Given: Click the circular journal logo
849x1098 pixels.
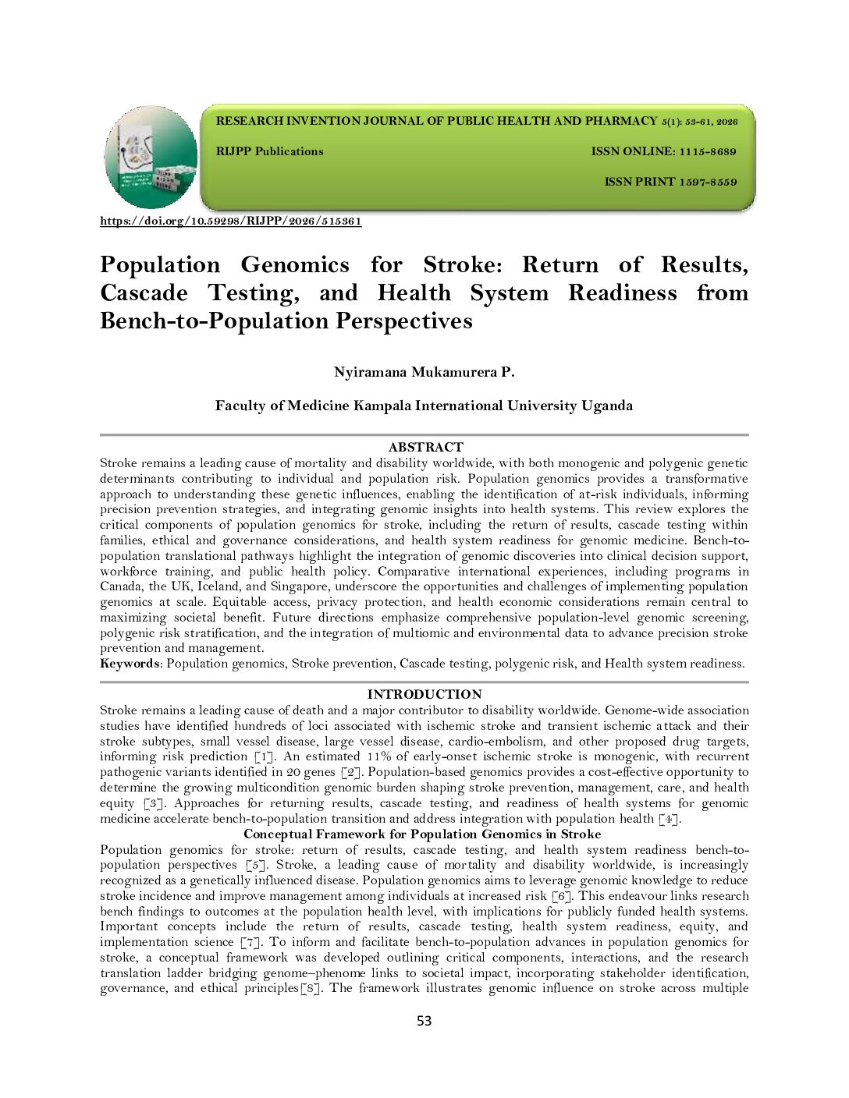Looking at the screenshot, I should (151, 157).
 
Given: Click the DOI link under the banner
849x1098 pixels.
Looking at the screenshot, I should (230, 221).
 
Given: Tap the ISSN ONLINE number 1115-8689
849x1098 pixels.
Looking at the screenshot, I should (707, 151).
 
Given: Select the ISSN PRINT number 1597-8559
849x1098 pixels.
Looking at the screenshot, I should (708, 182).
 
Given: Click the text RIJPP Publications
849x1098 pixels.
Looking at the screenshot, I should (269, 151).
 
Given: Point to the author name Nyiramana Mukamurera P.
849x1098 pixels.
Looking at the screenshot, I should (424, 372).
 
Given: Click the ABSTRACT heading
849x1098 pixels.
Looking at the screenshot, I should (425, 447).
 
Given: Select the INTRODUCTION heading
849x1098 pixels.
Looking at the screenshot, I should (424, 694).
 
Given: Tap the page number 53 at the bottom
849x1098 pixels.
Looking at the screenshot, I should (424, 1021).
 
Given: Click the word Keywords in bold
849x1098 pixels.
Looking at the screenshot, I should (130, 664).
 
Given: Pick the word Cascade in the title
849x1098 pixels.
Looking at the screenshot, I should (144, 293).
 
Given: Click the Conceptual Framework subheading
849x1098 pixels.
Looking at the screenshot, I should (422, 834).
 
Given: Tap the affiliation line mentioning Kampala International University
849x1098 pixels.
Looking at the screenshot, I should (424, 406).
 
